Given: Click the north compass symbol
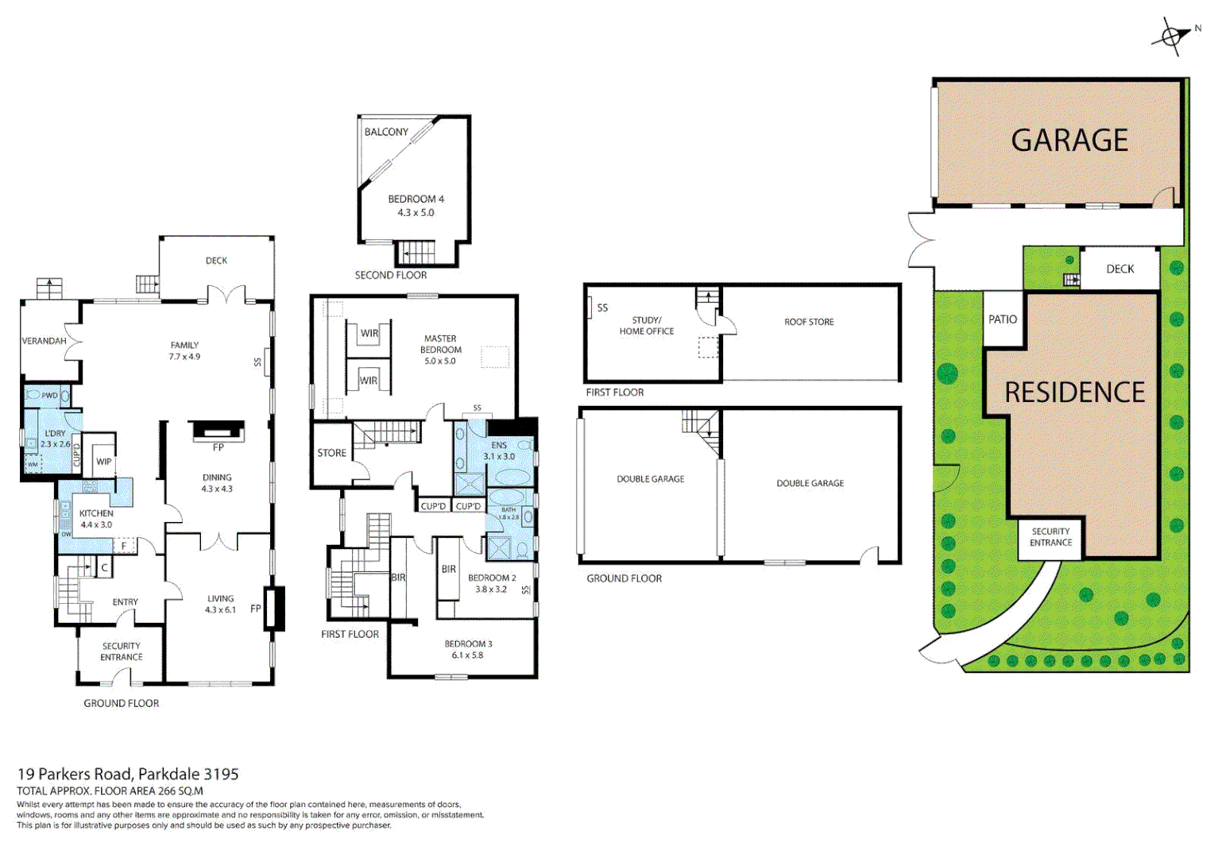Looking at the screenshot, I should tap(1170, 37).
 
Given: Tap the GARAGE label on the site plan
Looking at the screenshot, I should tap(1069, 141).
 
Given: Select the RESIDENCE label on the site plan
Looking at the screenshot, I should tap(1074, 392).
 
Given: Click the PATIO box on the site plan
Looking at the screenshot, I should tap(1003, 319).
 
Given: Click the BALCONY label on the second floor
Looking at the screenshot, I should tap(386, 132).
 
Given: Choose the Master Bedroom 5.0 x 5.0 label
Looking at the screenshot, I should tap(440, 350).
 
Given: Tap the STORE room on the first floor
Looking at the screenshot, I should tap(331, 453).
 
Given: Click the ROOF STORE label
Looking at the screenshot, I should tap(809, 322).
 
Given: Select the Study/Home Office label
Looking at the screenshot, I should tap(646, 326).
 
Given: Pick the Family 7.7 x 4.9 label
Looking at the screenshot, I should tap(184, 351).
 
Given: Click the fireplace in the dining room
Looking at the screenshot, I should tap(217, 431).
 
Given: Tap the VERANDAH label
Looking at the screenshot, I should tap(44, 341).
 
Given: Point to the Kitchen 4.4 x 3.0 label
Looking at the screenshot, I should tap(96, 519).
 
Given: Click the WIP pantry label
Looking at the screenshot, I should tap(103, 462).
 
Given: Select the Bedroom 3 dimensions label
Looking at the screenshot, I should tap(467, 655).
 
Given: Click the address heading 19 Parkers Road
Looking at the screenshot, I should tap(128, 774).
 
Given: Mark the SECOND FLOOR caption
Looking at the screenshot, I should tap(390, 275).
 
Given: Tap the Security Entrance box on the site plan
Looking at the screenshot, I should tap(1050, 538).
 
